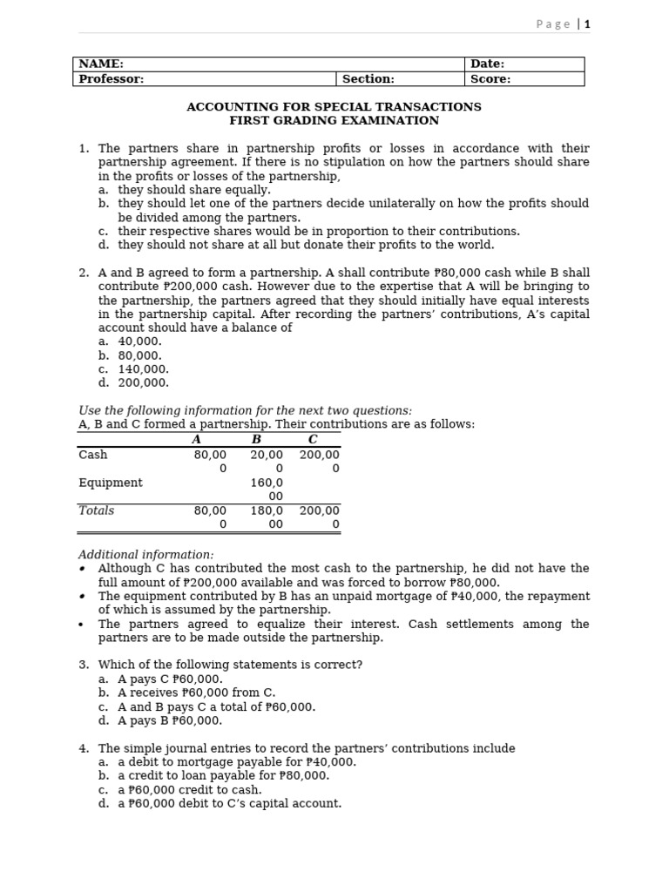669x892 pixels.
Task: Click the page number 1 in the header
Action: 587,24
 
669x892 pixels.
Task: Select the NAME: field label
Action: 101,64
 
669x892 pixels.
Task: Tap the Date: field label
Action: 487,64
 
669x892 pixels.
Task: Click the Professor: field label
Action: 111,79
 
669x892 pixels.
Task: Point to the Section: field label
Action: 368,79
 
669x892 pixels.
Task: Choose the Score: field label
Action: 490,79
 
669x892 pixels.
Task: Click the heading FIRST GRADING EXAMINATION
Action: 334,121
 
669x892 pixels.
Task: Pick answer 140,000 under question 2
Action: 144,369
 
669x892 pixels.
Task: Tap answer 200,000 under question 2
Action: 144,382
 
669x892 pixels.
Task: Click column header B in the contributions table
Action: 256,440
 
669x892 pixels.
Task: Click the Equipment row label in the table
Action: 111,483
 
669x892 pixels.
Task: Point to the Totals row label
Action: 97,510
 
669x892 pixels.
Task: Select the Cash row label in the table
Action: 93,455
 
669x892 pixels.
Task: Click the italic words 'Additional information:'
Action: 145,555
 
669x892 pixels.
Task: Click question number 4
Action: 84,748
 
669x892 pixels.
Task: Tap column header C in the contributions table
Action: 313,440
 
